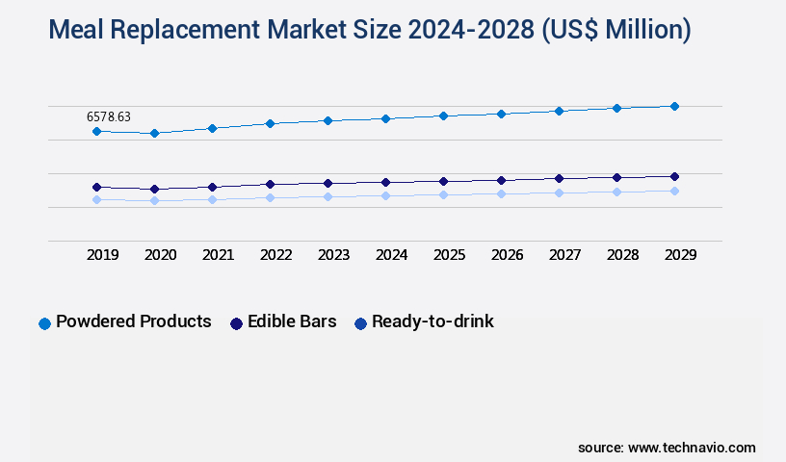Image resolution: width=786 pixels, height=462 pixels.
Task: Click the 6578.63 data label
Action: (109, 116)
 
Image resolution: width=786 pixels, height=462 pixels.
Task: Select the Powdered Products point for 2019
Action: (96, 131)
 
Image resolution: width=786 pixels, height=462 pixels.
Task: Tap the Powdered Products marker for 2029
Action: (674, 106)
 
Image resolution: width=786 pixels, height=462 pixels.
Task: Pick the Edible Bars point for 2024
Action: (385, 182)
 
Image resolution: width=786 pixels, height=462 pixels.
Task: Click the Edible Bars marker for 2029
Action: (674, 176)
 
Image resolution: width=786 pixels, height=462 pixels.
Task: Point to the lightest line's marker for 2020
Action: (154, 200)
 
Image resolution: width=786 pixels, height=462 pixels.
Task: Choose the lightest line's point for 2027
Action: (559, 192)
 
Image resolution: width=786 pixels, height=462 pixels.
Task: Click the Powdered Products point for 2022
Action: (270, 123)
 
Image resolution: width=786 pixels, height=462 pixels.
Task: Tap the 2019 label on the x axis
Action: (103, 255)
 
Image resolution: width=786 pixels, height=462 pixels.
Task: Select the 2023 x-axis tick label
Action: (334, 255)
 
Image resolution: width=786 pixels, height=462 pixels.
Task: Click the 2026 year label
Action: (508, 255)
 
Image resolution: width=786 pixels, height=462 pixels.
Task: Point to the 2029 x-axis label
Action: (681, 255)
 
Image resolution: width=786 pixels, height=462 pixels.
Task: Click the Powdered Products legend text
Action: (134, 321)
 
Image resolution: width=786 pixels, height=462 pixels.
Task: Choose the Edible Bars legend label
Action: (292, 321)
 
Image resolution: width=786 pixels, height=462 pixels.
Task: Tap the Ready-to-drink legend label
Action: (432, 321)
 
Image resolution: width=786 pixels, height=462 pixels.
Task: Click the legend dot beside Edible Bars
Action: (236, 323)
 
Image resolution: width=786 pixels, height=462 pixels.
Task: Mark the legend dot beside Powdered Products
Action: (44, 323)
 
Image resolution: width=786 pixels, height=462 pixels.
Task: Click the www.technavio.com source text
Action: (692, 448)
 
